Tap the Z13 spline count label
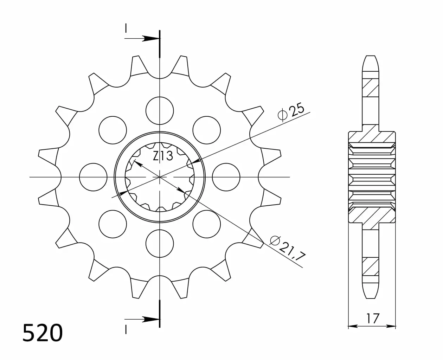point(163,156)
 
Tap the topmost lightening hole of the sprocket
point(160,111)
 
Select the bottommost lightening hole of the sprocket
point(160,244)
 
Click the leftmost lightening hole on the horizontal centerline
point(93,177)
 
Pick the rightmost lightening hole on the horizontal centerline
point(226,177)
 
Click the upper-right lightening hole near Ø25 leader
point(206,130)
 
